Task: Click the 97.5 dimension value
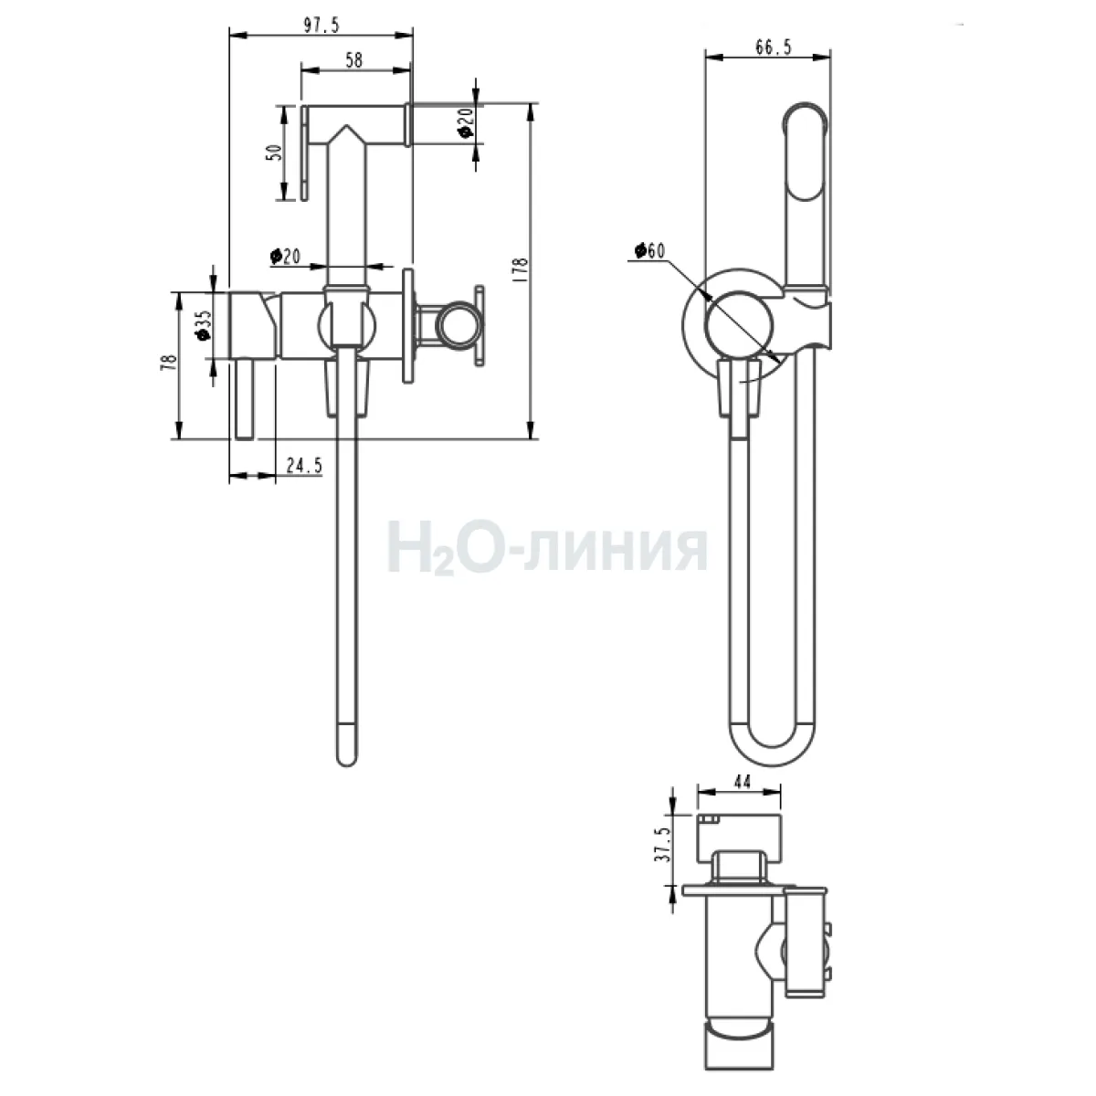point(321,25)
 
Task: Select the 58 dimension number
point(353,59)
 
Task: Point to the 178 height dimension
point(520,270)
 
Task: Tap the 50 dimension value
point(275,153)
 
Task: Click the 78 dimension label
point(168,363)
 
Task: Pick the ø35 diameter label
point(203,325)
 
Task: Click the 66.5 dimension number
point(774,47)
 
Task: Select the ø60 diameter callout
point(649,250)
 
